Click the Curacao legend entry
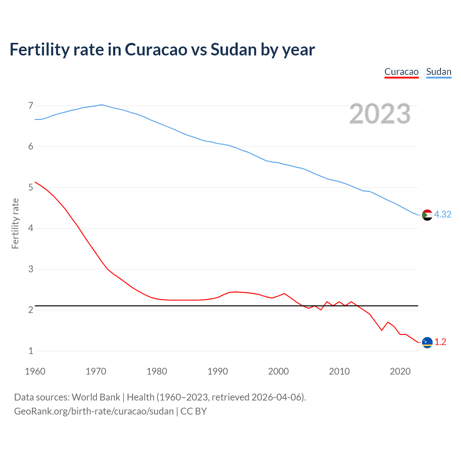401,72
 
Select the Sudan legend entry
439,72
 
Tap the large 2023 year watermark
380,114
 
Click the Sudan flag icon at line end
427,215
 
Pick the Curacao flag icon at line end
427,343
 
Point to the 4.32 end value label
443,214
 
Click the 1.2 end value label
440,342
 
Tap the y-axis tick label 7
31,106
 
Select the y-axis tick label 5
31,187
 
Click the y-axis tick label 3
31,269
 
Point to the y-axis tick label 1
31,351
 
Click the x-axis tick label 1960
35,371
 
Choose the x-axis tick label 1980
157,371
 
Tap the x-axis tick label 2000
278,371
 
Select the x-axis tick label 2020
400,371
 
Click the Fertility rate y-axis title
15,223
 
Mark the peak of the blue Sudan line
102,105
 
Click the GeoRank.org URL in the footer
94,411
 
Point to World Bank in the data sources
96,397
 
